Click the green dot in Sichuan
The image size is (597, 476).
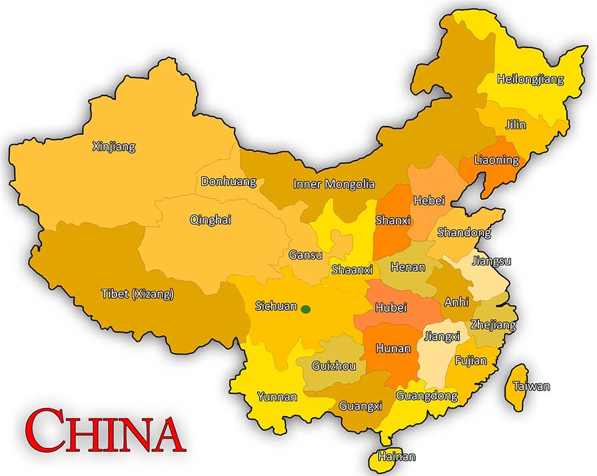(306, 309)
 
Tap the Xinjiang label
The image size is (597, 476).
(113, 146)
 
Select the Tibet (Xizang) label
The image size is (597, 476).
(137, 294)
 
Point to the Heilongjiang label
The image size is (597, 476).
(530, 79)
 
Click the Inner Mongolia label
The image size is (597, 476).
(334, 184)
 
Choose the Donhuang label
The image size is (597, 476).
(229, 181)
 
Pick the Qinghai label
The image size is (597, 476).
(211, 219)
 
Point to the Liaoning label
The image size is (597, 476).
(496, 160)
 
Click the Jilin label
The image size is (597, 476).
(515, 125)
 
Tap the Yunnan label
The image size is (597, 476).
(277, 397)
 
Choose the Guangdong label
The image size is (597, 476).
(426, 395)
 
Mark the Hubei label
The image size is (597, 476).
(390, 308)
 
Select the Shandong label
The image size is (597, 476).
(464, 232)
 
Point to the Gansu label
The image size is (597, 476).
(306, 255)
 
